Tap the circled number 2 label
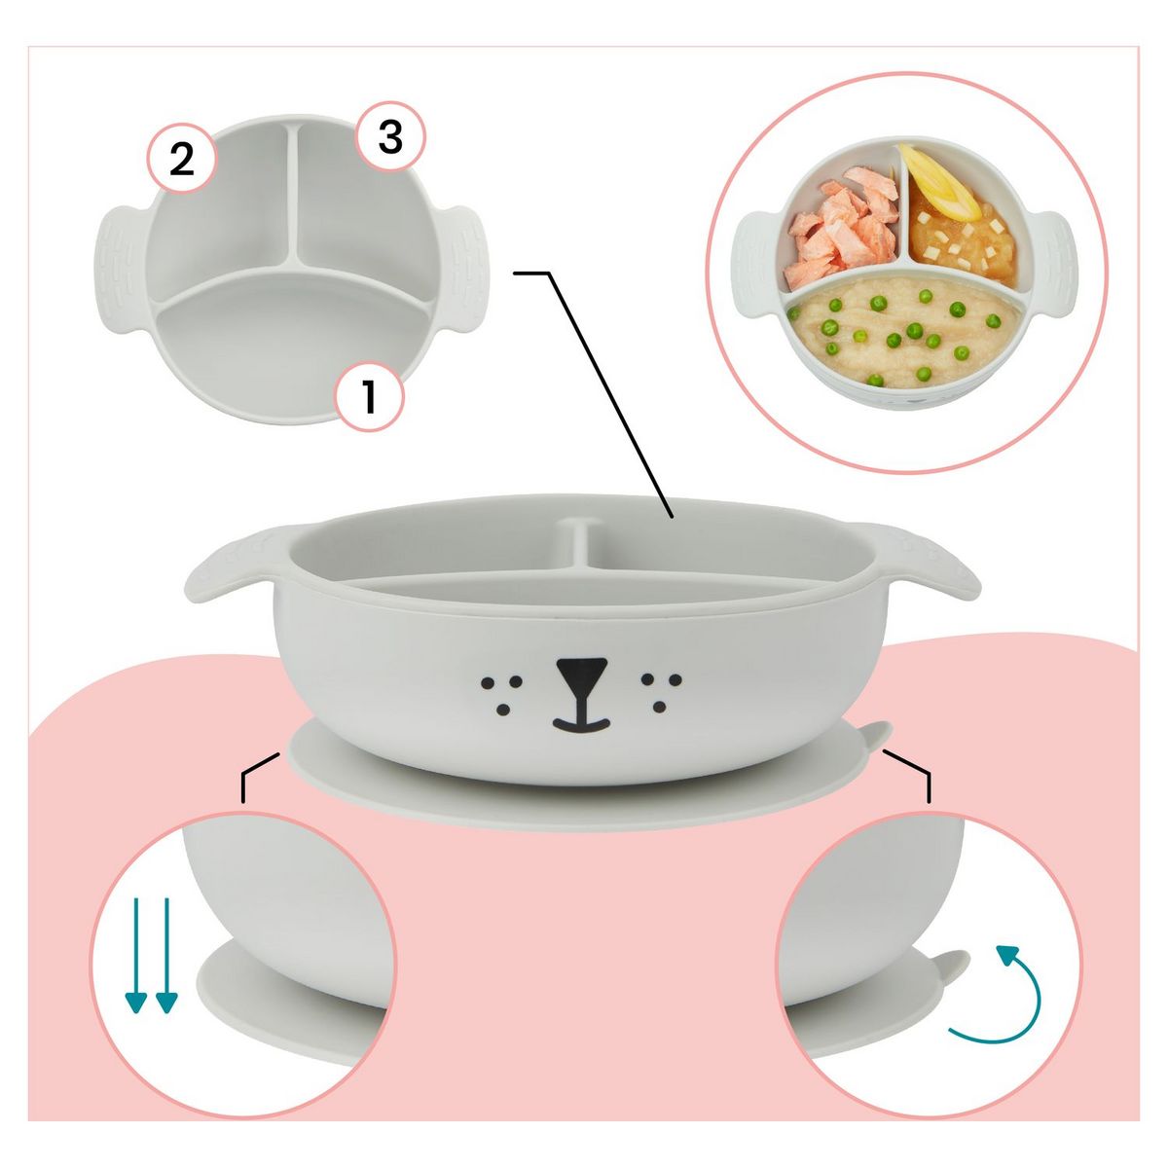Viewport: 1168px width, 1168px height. point(182,160)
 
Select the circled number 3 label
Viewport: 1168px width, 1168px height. point(390,138)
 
